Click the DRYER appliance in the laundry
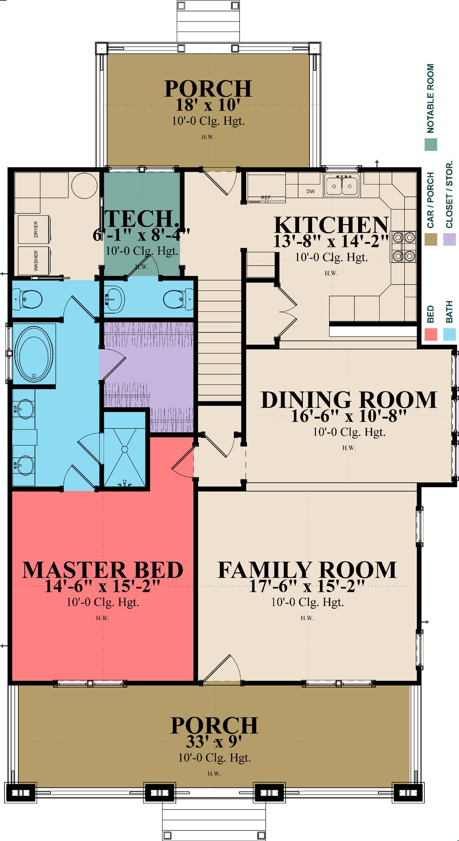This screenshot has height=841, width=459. point(34,229)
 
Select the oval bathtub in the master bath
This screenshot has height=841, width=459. point(34,354)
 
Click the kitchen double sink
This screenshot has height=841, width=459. point(342,185)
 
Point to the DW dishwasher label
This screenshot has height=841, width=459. point(311,191)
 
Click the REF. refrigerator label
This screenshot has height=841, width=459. point(266,198)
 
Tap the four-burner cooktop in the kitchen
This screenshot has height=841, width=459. point(403,246)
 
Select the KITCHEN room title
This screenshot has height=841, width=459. point(331,225)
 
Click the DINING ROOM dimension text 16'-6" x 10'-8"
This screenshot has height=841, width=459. point(348,416)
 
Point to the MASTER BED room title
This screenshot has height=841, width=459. point(103,570)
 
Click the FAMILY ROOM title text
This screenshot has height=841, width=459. point(307,570)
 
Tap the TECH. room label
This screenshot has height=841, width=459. point(141,219)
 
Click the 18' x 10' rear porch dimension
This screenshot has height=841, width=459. point(208,105)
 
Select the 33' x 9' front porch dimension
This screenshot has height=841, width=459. point(214,742)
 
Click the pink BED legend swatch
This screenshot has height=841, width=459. point(430,334)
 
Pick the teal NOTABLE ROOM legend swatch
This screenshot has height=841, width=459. point(430,144)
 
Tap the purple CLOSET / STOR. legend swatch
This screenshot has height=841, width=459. point(449,239)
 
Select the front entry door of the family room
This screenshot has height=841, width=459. point(221,670)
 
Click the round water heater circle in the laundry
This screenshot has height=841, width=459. point(85,185)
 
